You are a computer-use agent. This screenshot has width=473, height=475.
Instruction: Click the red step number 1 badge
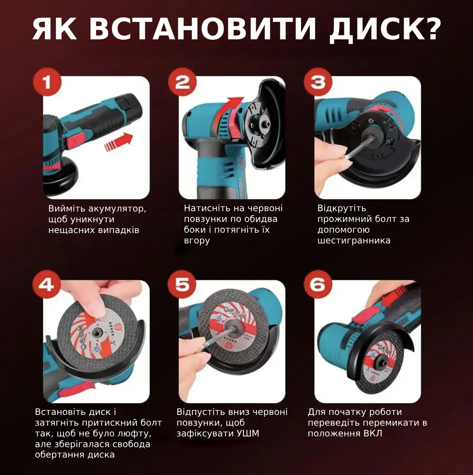pyautogui.click(x=47, y=82)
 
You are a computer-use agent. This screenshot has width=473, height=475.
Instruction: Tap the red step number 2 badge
pyautogui.click(x=182, y=82)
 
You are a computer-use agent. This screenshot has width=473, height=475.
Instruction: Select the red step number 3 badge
pyautogui.click(x=318, y=82)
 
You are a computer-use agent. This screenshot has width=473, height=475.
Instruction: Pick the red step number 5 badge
pyautogui.click(x=182, y=285)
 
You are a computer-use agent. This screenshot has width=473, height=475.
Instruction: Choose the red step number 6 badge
pyautogui.click(x=318, y=285)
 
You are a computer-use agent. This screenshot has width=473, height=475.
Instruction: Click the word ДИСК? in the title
pyautogui.click(x=385, y=29)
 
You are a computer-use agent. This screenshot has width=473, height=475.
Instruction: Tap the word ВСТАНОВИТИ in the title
pyautogui.click(x=203, y=29)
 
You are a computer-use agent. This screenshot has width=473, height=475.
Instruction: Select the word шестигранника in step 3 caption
pyautogui.click(x=354, y=240)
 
